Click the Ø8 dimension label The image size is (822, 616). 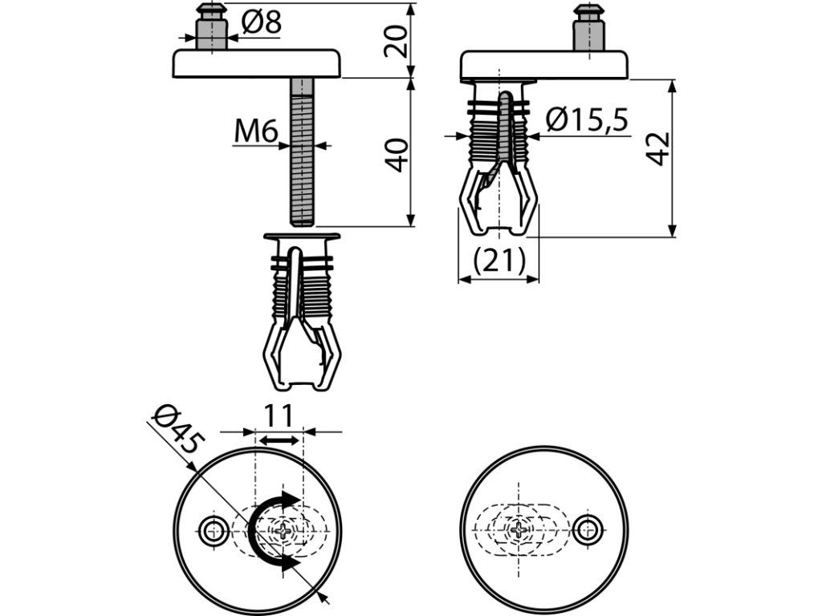point(262,22)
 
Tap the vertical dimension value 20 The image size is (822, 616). point(396,42)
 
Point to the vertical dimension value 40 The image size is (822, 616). point(397,155)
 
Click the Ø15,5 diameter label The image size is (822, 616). point(587,120)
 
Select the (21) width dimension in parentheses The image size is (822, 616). point(498,261)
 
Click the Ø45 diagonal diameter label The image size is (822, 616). point(176,430)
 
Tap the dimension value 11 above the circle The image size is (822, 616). point(278,416)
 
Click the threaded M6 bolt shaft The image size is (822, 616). point(302,152)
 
